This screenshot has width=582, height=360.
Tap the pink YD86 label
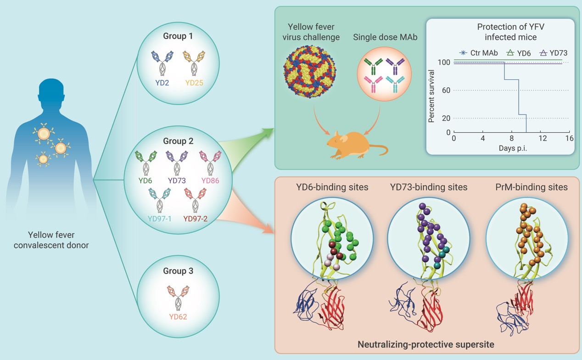pyautogui.click(x=210, y=180)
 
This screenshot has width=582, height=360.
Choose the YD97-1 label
pyautogui.click(x=159, y=219)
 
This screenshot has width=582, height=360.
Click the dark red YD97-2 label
pyautogui.click(x=196, y=219)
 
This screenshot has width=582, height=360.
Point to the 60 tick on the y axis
pyautogui.click(x=444, y=90)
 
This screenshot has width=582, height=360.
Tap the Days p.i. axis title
pyautogui.click(x=513, y=148)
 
